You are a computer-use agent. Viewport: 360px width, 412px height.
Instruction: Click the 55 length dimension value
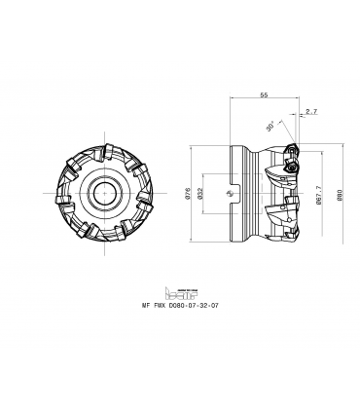click(x=264, y=94)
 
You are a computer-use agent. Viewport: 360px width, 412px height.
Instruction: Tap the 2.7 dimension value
click(x=311, y=111)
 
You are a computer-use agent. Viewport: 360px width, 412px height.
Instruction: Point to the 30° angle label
click(x=270, y=126)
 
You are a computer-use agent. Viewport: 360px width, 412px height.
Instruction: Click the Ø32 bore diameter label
click(x=200, y=194)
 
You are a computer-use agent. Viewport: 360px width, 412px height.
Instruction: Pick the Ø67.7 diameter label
click(x=318, y=195)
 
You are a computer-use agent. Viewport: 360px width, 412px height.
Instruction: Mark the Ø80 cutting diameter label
click(x=340, y=195)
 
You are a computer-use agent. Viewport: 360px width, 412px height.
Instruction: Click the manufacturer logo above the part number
click(x=181, y=293)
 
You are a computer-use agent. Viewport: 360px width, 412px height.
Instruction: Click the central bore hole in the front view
click(x=105, y=193)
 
